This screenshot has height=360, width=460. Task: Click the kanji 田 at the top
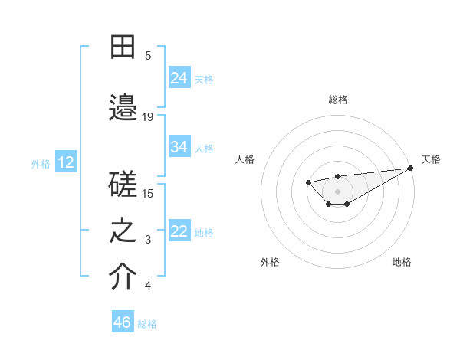click(123, 47)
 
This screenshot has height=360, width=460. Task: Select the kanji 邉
click(123, 107)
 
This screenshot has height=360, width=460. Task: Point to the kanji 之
click(123, 232)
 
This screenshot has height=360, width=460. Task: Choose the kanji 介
click(123, 277)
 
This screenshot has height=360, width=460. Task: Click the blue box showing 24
click(179, 77)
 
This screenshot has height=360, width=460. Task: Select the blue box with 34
click(179, 147)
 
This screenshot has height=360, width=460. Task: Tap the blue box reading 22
click(179, 231)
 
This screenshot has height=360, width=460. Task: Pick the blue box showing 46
click(123, 322)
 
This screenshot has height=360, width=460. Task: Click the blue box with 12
click(66, 162)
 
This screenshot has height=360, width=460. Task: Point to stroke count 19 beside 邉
click(148, 116)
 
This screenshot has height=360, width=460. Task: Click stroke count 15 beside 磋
click(148, 193)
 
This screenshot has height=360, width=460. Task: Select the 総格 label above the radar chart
click(337, 100)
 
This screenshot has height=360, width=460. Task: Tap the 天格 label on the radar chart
click(431, 159)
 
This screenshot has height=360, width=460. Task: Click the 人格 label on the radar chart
click(245, 159)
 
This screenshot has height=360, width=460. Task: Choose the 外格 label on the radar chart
click(270, 262)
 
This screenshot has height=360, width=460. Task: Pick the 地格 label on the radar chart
click(402, 262)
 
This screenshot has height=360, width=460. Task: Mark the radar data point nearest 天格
click(411, 168)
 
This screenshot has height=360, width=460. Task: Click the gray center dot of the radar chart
click(337, 191)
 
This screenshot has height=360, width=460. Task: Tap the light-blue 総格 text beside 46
click(147, 323)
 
